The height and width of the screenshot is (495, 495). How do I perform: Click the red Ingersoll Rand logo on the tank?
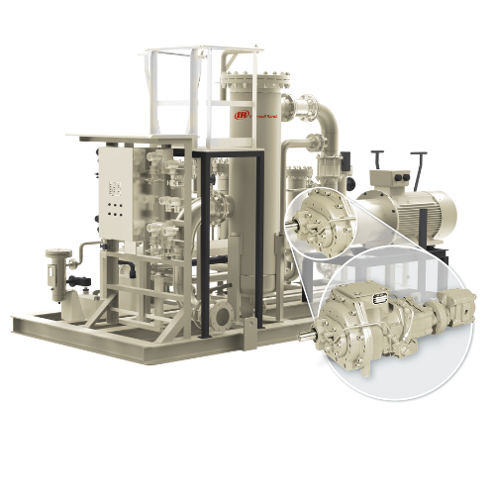point(241,115)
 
